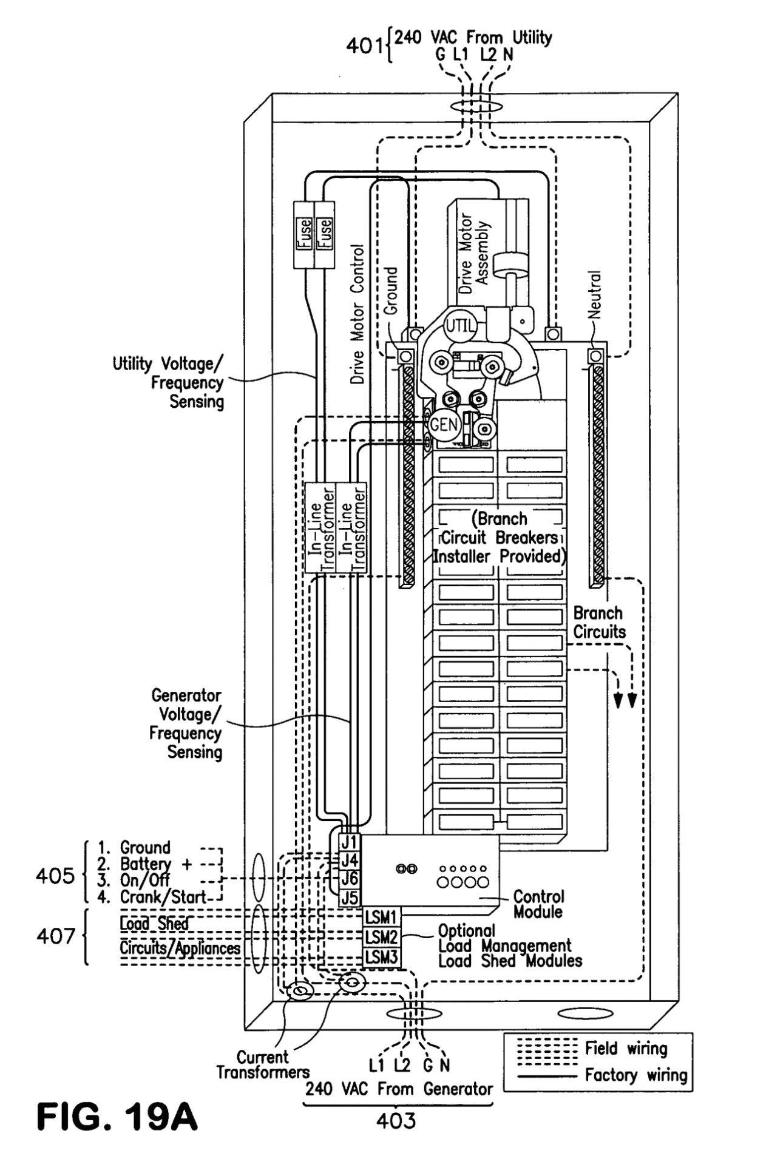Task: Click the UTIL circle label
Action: click(x=459, y=325)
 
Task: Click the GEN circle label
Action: click(x=444, y=424)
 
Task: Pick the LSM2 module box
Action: click(x=381, y=937)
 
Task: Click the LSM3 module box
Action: click(x=381, y=957)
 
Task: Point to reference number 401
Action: click(x=365, y=46)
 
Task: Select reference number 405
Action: click(x=55, y=876)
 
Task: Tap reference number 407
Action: click(x=55, y=936)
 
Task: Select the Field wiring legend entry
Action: click(x=626, y=1048)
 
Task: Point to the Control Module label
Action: click(x=538, y=904)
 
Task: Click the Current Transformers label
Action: click(x=263, y=1065)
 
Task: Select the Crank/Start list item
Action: click(x=162, y=896)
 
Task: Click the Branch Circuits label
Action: click(x=599, y=622)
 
